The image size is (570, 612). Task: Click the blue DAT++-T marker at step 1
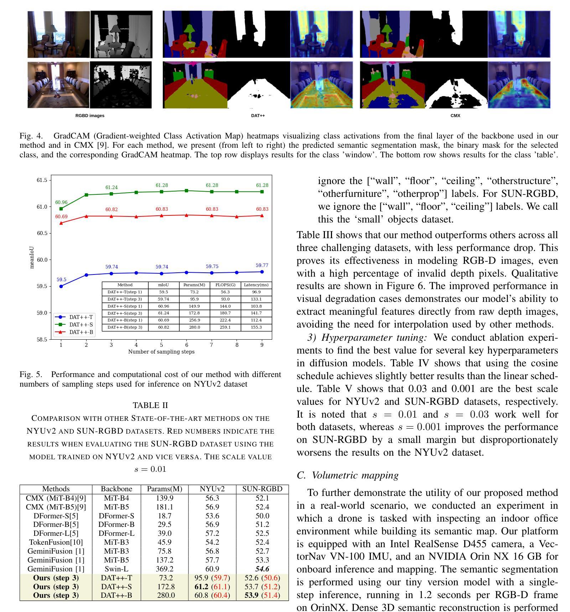pos(61,286)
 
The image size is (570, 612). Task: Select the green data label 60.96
pos(61,203)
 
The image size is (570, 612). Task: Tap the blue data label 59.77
pos(262,265)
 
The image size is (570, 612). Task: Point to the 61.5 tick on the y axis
pos(42,181)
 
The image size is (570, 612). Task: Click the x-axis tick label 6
pos(186,345)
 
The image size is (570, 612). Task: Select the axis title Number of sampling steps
pos(161,352)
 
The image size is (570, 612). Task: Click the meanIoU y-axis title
pos(32,257)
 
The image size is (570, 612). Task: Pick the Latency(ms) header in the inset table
pos(256,285)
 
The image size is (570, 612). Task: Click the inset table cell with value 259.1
pos(225,327)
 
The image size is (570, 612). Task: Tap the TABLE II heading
pos(150,405)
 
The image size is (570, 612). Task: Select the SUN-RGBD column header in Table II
pos(262,489)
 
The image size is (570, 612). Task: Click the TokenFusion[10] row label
pos(56,542)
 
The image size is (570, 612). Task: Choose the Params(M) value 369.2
pos(165,569)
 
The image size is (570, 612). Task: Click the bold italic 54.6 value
pos(262,569)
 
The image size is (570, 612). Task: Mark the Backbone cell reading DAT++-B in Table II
pos(116,595)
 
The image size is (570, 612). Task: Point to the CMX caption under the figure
pos(455,116)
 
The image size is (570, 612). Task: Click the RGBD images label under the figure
pos(90,116)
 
